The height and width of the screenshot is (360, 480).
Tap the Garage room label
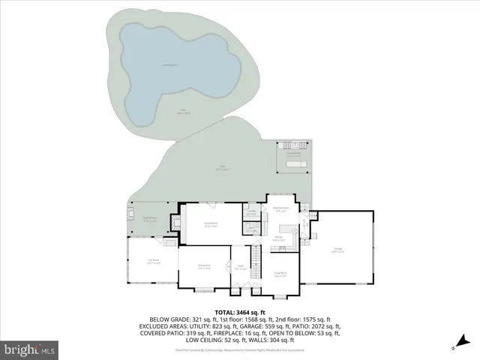tap(338, 252)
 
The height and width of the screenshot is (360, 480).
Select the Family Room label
tap(211, 224)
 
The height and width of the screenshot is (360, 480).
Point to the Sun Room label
tap(154, 262)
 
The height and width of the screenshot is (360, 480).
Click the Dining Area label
tap(204, 265)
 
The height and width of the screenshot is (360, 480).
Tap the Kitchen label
tap(277, 239)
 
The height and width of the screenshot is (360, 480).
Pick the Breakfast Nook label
tap(281, 209)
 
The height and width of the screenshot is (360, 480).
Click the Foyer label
tap(241, 267)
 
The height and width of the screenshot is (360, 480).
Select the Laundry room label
tap(252, 214)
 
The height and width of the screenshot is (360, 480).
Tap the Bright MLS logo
tap(30, 349)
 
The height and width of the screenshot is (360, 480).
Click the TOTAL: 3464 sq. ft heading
tap(240, 312)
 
